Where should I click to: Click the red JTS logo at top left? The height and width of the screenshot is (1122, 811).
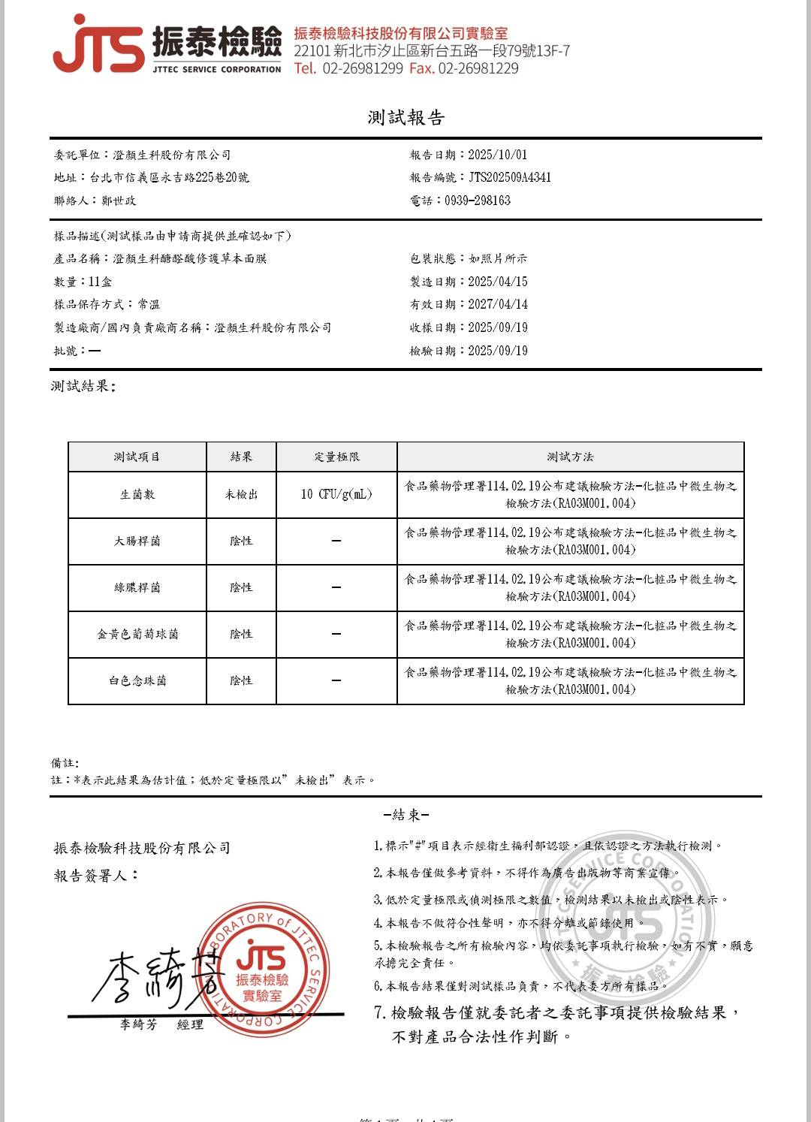coord(98,45)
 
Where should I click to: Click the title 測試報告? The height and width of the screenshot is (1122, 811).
coord(406,117)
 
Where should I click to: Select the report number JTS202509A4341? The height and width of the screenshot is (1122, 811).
coord(510,177)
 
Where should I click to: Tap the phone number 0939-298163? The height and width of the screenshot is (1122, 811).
coord(478,201)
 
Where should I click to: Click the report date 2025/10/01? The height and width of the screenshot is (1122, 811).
coord(497,155)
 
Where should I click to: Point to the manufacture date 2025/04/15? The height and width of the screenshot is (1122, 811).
coord(497,282)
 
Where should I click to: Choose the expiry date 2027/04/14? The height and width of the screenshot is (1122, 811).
coord(497,304)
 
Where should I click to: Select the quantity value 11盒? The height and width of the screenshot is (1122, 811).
coord(101,282)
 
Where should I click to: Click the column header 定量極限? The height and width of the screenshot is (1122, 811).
coord(336,457)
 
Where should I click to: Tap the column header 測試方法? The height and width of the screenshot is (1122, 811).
coord(570,457)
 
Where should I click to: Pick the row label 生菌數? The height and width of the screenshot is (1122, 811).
coord(137,494)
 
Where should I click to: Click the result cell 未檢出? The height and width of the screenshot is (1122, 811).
coord(241,494)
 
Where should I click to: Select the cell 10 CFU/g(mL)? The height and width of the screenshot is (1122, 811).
coord(336,494)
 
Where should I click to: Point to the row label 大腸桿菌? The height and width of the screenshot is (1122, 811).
coord(137,541)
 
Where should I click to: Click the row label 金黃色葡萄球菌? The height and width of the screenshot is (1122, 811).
coord(137,634)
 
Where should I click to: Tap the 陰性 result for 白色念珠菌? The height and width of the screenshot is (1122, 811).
coord(241,680)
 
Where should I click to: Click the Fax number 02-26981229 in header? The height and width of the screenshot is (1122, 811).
coord(478,68)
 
